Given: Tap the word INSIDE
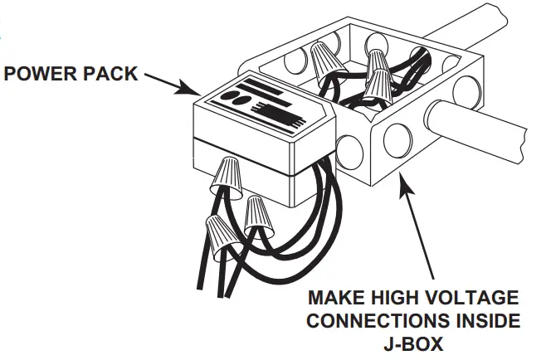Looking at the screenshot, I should click(x=484, y=320).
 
